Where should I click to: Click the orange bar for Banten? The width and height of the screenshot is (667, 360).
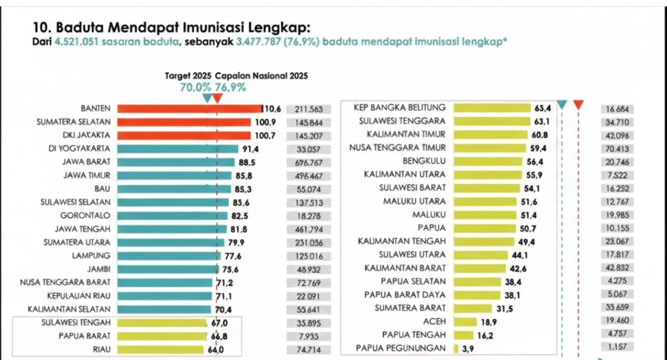point(189,109)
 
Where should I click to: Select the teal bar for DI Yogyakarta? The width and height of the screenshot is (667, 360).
point(178,149)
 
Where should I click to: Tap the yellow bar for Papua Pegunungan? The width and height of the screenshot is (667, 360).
point(456,348)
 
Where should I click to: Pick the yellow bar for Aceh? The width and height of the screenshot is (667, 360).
point(461,321)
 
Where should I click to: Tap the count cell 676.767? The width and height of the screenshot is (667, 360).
point(308,162)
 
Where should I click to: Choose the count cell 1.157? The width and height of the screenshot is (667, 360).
point(618,347)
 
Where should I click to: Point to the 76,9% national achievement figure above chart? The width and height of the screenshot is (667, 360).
point(231,87)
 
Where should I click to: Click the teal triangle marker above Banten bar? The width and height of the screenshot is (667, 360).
point(207,98)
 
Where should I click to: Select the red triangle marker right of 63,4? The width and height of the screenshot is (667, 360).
point(578,104)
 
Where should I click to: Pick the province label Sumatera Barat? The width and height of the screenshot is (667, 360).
point(410,308)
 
